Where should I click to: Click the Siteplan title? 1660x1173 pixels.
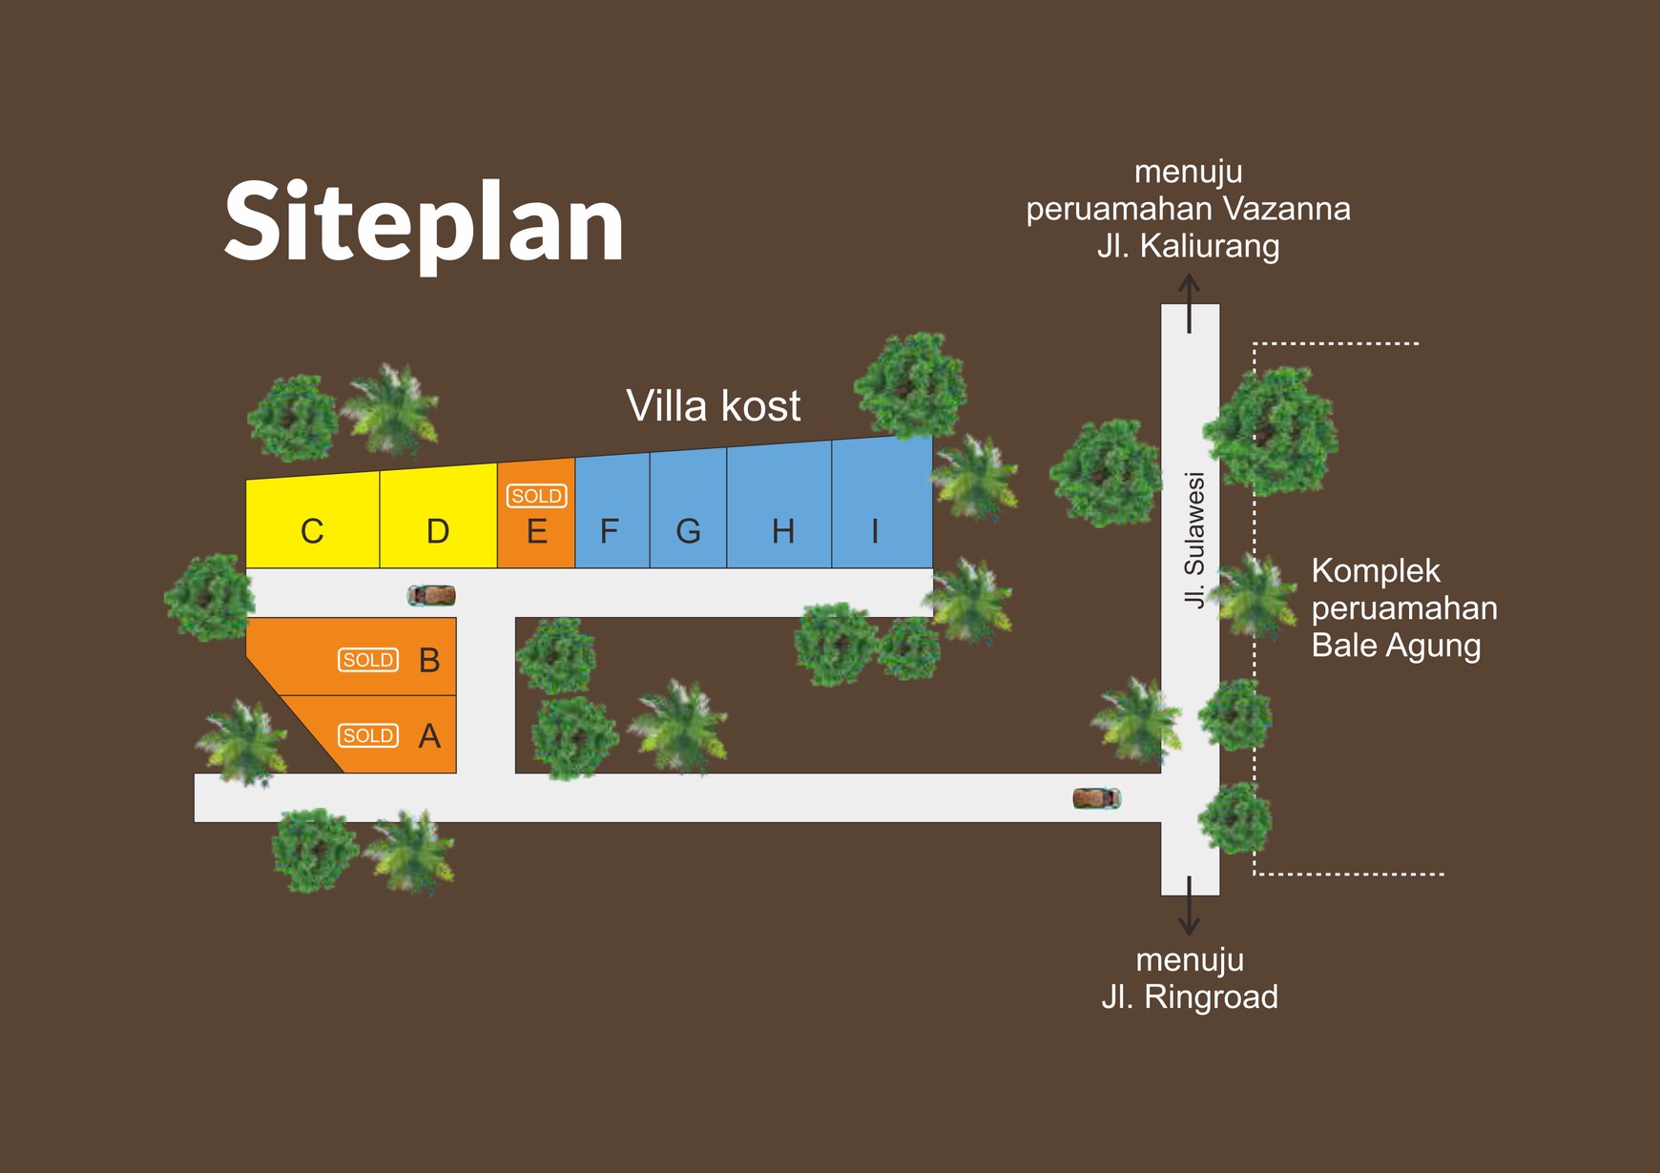pyautogui.click(x=424, y=223)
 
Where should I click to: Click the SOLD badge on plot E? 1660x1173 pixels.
pyautogui.click(x=536, y=496)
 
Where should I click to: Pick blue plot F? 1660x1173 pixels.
pyautogui.click(x=611, y=520)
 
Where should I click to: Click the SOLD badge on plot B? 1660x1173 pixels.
pyautogui.click(x=368, y=660)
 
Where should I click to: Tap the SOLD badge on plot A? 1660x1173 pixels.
pyautogui.click(x=368, y=735)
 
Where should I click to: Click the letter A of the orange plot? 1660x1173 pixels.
pyautogui.click(x=429, y=736)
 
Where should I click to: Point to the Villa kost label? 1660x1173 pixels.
pyautogui.click(x=713, y=406)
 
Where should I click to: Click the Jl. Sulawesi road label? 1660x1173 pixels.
pyautogui.click(x=1193, y=539)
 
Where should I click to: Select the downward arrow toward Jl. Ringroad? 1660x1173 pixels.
pyautogui.click(x=1189, y=906)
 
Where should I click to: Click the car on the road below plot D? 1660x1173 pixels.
pyautogui.click(x=431, y=595)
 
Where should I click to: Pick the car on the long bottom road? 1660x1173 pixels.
pyautogui.click(x=1096, y=798)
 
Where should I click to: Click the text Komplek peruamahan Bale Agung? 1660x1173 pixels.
pyautogui.click(x=1403, y=608)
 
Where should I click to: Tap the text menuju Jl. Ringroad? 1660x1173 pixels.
pyautogui.click(x=1190, y=978)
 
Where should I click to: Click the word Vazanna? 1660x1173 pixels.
pyautogui.click(x=1286, y=209)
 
